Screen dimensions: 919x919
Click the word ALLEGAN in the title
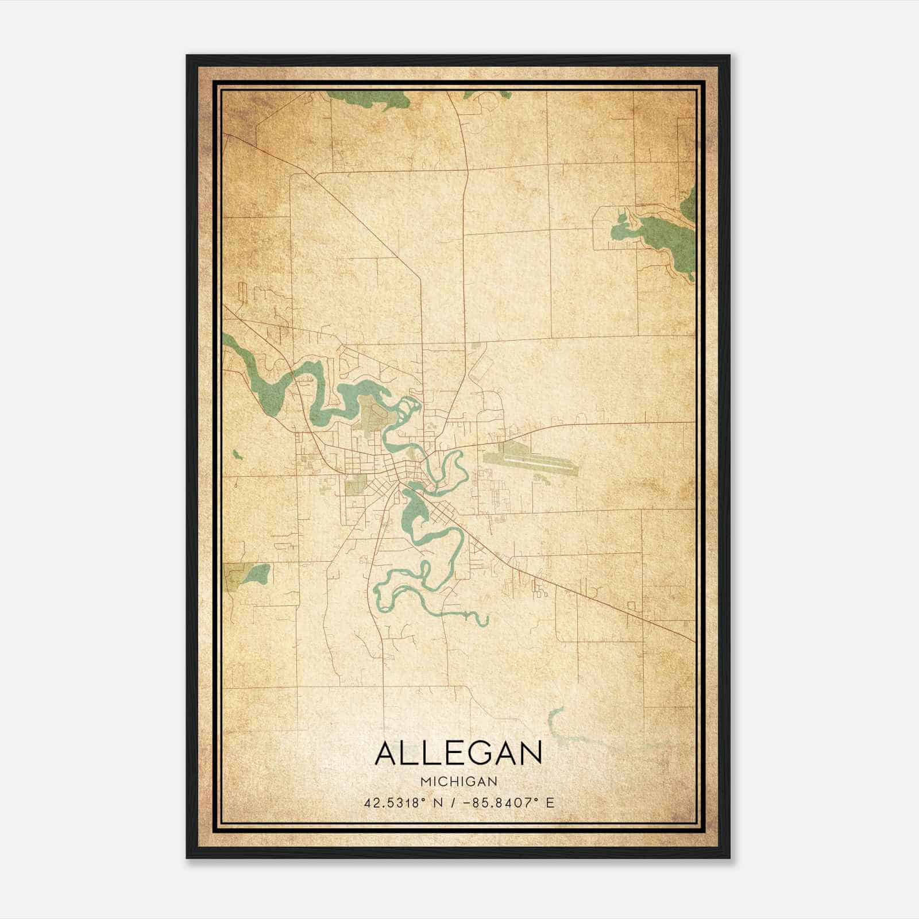(458, 753)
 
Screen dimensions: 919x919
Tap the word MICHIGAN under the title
(458, 781)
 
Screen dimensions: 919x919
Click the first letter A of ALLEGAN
(386, 753)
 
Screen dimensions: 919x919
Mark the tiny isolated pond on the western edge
(237, 455)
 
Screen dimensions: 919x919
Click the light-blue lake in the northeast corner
(626, 230)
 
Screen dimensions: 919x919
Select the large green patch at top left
(368, 101)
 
